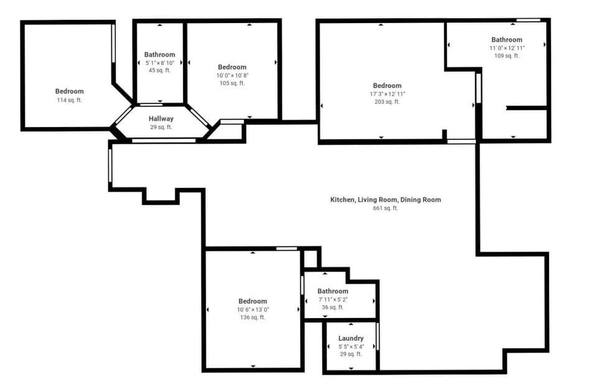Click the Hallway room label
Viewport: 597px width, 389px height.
click(161, 119)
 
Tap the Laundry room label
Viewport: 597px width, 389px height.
click(351, 339)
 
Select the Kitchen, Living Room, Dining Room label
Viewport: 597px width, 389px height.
click(386, 200)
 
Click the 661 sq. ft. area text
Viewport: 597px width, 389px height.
click(386, 208)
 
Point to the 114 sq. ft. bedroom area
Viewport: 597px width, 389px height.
click(69, 100)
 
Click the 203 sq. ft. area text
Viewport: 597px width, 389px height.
click(387, 101)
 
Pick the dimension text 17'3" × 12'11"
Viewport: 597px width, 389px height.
click(387, 94)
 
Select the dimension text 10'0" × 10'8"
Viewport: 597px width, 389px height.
click(232, 75)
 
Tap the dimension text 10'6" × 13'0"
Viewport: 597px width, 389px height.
click(253, 310)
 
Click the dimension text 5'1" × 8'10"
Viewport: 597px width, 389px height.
click(160, 63)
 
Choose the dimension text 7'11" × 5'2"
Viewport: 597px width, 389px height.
click(333, 299)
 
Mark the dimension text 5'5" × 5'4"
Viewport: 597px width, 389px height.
click(351, 347)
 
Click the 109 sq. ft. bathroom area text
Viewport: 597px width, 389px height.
click(507, 55)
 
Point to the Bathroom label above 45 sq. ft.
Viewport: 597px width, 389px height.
click(160, 55)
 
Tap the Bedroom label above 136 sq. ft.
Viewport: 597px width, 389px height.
click(253, 301)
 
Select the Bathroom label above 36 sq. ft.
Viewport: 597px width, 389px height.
click(333, 291)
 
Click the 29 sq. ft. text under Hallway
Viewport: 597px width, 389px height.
click(161, 127)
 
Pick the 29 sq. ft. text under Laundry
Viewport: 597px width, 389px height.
click(351, 354)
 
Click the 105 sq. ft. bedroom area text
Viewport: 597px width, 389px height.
click(232, 83)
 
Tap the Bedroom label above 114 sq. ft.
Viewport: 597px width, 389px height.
click(69, 91)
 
